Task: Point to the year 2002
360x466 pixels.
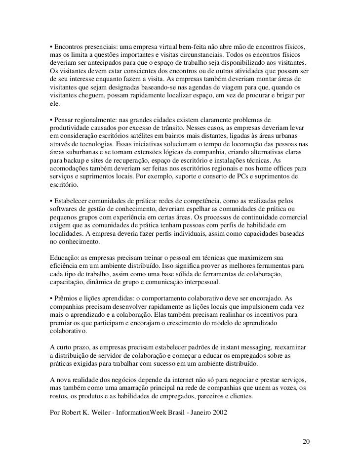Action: click(219, 412)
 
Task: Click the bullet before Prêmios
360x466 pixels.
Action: click(51, 299)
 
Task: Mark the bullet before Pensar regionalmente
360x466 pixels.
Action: click(51, 120)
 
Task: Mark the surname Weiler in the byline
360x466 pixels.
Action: click(98, 412)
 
